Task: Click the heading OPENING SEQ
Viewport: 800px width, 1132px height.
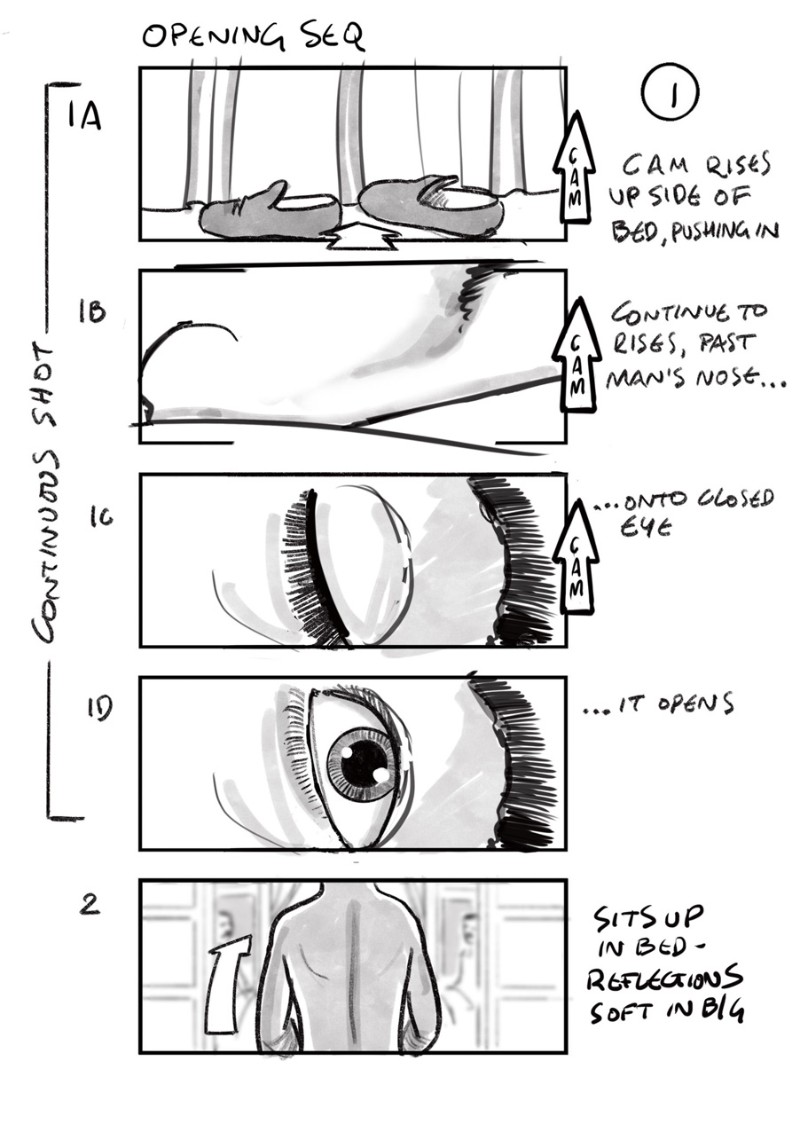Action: coord(253,37)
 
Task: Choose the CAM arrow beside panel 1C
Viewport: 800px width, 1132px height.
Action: coord(575,556)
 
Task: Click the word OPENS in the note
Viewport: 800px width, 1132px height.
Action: coord(694,704)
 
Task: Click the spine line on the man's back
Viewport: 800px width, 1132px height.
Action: coord(356,975)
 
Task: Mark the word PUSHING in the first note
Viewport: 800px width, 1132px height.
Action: coord(711,231)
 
